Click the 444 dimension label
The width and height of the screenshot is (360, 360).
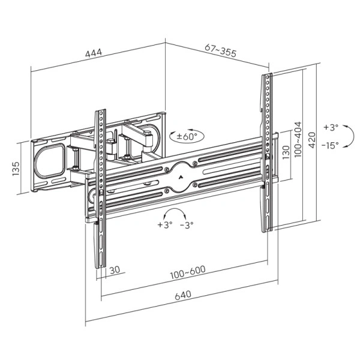coord(93,53)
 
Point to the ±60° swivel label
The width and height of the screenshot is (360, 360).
coord(187,137)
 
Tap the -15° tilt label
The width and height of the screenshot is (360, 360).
coord(329,145)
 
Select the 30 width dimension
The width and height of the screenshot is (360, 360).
coord(115,269)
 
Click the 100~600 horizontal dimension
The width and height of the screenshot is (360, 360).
coord(187,270)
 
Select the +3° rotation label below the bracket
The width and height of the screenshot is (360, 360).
coord(164,226)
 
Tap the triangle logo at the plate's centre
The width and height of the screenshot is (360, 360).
coord(182,176)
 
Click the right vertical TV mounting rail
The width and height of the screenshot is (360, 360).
coord(266,150)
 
